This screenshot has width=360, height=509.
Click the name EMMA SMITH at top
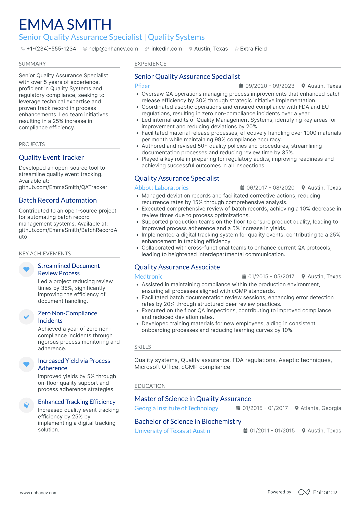click(x=65, y=25)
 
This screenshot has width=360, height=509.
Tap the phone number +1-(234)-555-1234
click(x=51, y=49)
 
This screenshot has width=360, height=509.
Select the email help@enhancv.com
click(x=113, y=49)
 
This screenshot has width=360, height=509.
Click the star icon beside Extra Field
click(x=237, y=49)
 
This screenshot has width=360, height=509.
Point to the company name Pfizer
click(x=142, y=86)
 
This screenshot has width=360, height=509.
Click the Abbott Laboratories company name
click(x=161, y=188)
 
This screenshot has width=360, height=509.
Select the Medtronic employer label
click(x=148, y=277)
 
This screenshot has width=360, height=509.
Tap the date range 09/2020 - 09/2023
click(x=270, y=86)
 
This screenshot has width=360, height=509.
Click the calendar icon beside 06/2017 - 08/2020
click(x=242, y=188)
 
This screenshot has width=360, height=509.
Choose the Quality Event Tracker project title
click(x=51, y=157)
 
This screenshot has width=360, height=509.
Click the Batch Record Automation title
click(x=58, y=200)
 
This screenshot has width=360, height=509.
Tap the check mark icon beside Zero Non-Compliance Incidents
click(x=26, y=317)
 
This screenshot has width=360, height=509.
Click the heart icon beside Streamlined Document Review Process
click(x=26, y=269)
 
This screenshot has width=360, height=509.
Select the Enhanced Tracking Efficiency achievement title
click(x=77, y=402)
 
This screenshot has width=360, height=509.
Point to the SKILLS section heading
click(x=142, y=347)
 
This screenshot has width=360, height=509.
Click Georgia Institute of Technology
click(x=176, y=408)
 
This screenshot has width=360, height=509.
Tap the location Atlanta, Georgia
click(x=320, y=408)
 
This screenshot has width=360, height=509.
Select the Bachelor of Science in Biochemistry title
click(x=188, y=421)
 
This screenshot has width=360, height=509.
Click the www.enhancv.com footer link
click(x=39, y=493)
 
